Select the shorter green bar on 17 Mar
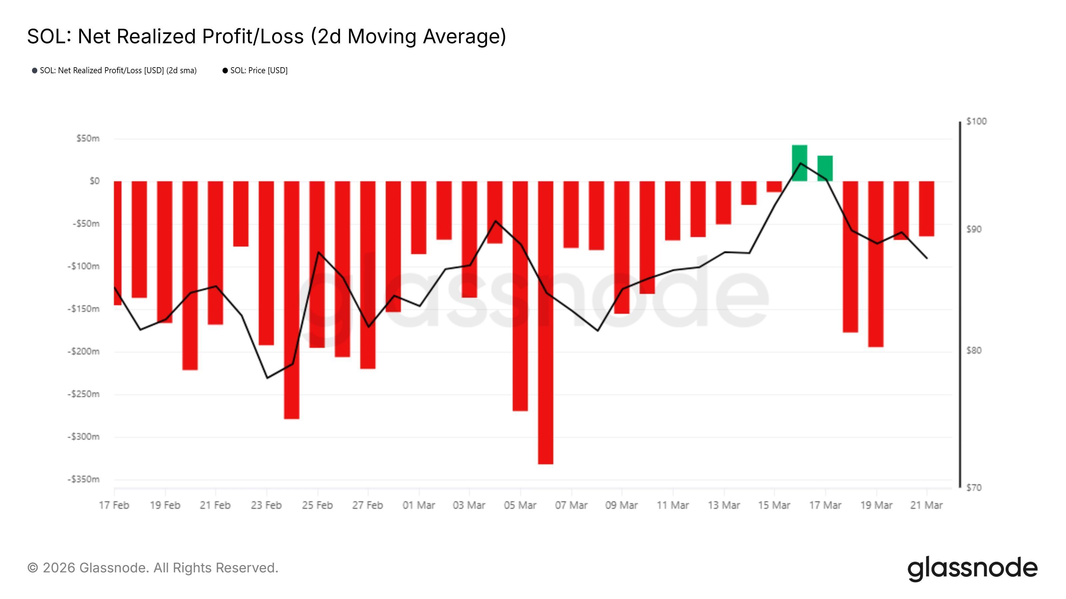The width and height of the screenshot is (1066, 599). point(825,168)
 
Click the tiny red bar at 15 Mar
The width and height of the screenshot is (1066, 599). point(774,186)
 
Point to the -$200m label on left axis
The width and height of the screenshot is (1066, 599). point(84,351)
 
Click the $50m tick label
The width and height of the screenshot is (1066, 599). point(88,138)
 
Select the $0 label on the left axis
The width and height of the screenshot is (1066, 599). point(94,181)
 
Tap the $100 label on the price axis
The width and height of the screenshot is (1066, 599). point(976,121)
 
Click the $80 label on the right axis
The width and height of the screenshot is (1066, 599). point(973,350)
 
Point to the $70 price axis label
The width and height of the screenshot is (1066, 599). point(973,488)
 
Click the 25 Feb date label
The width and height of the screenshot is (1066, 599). point(317,505)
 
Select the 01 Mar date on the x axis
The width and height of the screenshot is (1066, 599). point(419,505)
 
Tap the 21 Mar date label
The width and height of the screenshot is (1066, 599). point(926,505)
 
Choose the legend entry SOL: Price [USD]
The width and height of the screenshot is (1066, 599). point(258,70)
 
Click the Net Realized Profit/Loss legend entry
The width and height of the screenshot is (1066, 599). point(118,70)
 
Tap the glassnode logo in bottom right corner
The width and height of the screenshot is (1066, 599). point(972,569)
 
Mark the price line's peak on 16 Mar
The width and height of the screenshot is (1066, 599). point(800,163)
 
